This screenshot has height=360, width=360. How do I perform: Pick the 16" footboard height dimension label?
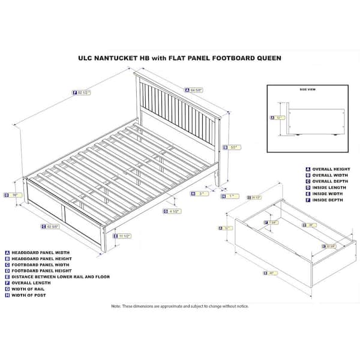click(x=13, y=194)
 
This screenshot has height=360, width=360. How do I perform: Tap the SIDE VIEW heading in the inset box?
click(x=307, y=89)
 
